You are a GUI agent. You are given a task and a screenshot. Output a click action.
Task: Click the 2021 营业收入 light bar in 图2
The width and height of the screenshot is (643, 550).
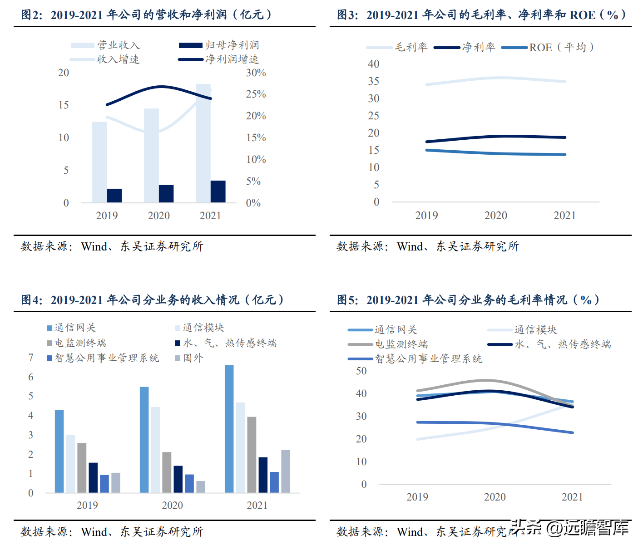[x=203, y=143]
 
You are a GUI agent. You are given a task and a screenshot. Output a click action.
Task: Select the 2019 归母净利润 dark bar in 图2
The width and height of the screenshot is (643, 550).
[x=114, y=196]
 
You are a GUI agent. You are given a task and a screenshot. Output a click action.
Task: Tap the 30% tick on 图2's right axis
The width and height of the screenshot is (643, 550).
[x=256, y=73]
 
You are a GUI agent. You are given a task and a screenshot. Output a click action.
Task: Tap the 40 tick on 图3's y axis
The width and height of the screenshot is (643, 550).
[x=373, y=64]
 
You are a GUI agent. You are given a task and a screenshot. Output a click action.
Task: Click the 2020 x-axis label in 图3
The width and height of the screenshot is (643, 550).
[x=495, y=216]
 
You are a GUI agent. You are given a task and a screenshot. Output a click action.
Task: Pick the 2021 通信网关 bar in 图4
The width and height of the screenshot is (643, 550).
[x=229, y=428]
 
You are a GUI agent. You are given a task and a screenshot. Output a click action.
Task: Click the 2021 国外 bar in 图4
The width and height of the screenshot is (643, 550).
[x=286, y=471]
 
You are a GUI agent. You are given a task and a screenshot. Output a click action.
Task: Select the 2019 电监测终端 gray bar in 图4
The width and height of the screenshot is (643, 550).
[x=82, y=467]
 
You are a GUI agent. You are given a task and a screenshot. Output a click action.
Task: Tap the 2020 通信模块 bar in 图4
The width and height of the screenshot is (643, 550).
[x=155, y=449]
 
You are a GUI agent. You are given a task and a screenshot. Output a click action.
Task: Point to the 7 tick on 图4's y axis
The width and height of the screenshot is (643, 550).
[x=31, y=358]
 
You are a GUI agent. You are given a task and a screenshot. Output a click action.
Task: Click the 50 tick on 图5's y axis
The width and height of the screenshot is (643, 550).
[x=361, y=371]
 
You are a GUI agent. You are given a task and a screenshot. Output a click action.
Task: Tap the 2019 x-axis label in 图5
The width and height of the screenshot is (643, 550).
[x=417, y=497]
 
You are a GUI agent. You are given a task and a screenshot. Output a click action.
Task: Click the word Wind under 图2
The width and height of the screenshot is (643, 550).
[x=94, y=246]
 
